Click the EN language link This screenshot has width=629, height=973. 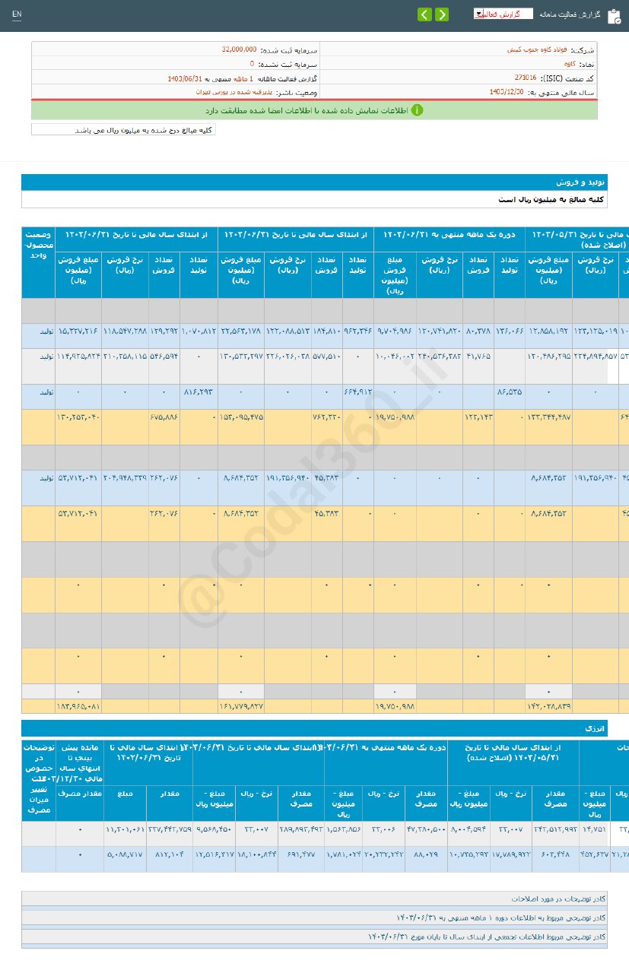pyautogui.click(x=17, y=14)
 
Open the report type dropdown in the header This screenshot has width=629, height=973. pyautogui.click(x=503, y=14)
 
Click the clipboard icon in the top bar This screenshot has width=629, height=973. pyautogui.click(x=615, y=16)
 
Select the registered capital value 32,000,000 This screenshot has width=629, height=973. pyautogui.click(x=239, y=49)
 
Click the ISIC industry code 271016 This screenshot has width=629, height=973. pyautogui.click(x=525, y=78)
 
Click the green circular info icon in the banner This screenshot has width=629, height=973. pyautogui.click(x=417, y=110)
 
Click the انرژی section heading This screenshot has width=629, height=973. pyautogui.click(x=594, y=728)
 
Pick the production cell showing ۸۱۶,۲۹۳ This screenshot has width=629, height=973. pyautogui.click(x=199, y=391)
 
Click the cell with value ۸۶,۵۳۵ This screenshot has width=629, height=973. pyautogui.click(x=509, y=391)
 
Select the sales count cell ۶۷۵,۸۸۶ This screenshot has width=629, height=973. pyautogui.click(x=164, y=416)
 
